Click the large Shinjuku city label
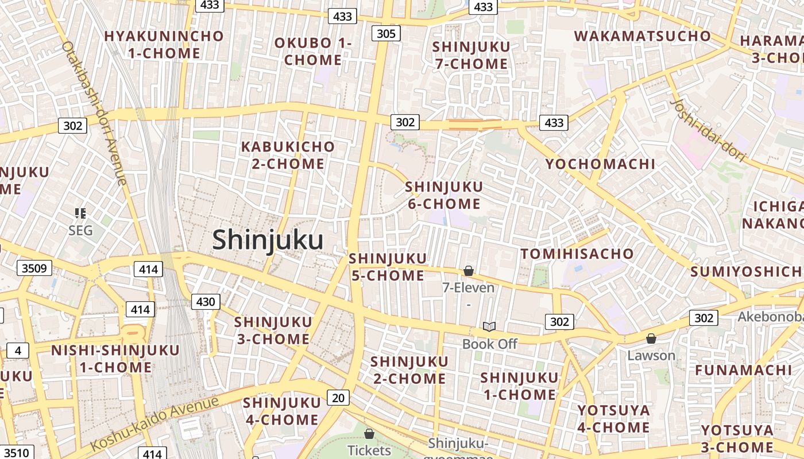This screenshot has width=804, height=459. click(x=268, y=240)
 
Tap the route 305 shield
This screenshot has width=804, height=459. click(x=385, y=33)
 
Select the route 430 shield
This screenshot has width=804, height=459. click(x=205, y=302)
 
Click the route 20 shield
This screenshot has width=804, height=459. click(x=339, y=397)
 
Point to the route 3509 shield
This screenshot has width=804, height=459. click(x=34, y=268)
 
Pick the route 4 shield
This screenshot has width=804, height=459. click(x=18, y=351)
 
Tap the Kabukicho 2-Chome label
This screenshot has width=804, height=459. click(x=288, y=155)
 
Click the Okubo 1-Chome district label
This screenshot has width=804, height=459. click(x=313, y=51)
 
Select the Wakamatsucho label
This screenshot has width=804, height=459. click(x=642, y=36)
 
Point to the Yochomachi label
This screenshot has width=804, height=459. click(x=600, y=164)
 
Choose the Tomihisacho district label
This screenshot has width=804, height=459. click(x=577, y=254)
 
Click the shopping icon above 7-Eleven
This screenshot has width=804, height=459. click(x=469, y=271)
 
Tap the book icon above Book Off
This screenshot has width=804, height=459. click(x=489, y=327)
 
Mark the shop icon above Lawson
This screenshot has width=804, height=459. click(x=651, y=339)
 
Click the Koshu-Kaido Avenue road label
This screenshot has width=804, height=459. click(x=155, y=423)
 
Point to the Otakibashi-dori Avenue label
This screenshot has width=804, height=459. click(x=94, y=112)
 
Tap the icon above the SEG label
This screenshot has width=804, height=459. click(x=80, y=213)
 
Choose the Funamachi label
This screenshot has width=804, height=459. click(x=743, y=370)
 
